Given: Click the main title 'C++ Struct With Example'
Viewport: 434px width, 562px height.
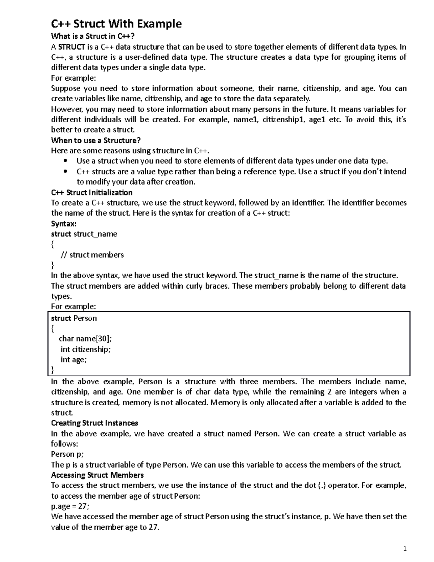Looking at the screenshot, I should [116, 24].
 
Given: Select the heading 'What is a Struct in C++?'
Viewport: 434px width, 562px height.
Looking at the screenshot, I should [95, 36].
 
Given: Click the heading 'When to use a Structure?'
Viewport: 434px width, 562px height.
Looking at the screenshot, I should [95, 140].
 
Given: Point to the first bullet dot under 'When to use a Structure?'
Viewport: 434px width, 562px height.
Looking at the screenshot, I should [65, 161].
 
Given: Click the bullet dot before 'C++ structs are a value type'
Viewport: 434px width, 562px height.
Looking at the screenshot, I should [65, 172].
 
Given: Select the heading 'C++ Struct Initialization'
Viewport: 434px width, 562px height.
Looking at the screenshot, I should [92, 193].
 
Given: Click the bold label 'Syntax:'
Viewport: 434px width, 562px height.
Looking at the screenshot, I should [64, 224].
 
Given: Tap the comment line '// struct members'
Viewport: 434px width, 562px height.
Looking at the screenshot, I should [92, 255].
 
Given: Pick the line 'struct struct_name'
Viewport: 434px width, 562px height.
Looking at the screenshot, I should [84, 234].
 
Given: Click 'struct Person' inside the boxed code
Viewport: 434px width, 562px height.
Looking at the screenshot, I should [74, 318].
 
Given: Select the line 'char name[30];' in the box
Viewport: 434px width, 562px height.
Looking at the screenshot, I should [85, 339].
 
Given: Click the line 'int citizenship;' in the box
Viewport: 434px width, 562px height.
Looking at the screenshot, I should [85, 349].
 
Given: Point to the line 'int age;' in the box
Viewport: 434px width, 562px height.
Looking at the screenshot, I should [73, 360].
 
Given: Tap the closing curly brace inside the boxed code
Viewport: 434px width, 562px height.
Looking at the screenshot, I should [52, 369].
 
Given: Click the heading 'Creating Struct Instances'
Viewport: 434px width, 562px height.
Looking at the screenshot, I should [94, 423].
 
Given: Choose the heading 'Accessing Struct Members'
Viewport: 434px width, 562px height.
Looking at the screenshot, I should [97, 475].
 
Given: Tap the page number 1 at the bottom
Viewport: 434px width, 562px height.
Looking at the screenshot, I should [405, 549].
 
